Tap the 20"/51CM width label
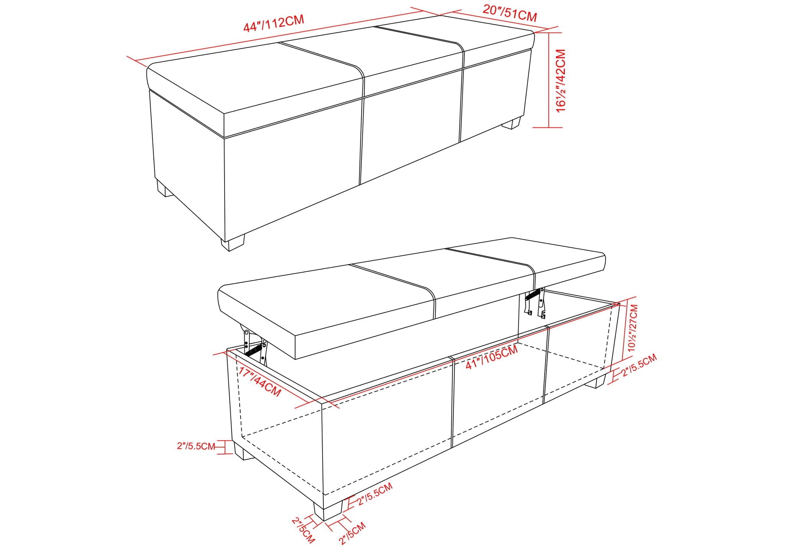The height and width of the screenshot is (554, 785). pos(509,14)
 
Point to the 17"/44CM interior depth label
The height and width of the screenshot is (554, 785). pos(259,381)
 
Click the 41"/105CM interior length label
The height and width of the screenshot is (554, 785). pos(491,357)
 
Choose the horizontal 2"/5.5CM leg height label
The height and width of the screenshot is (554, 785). pos(196,446)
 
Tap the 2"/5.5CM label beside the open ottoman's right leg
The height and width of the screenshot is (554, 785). pos(640,365)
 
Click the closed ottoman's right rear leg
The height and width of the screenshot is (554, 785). pos(511,123)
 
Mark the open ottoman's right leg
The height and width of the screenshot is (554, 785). pos(596,381)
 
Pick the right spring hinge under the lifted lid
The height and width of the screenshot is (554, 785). pos(535,302)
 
